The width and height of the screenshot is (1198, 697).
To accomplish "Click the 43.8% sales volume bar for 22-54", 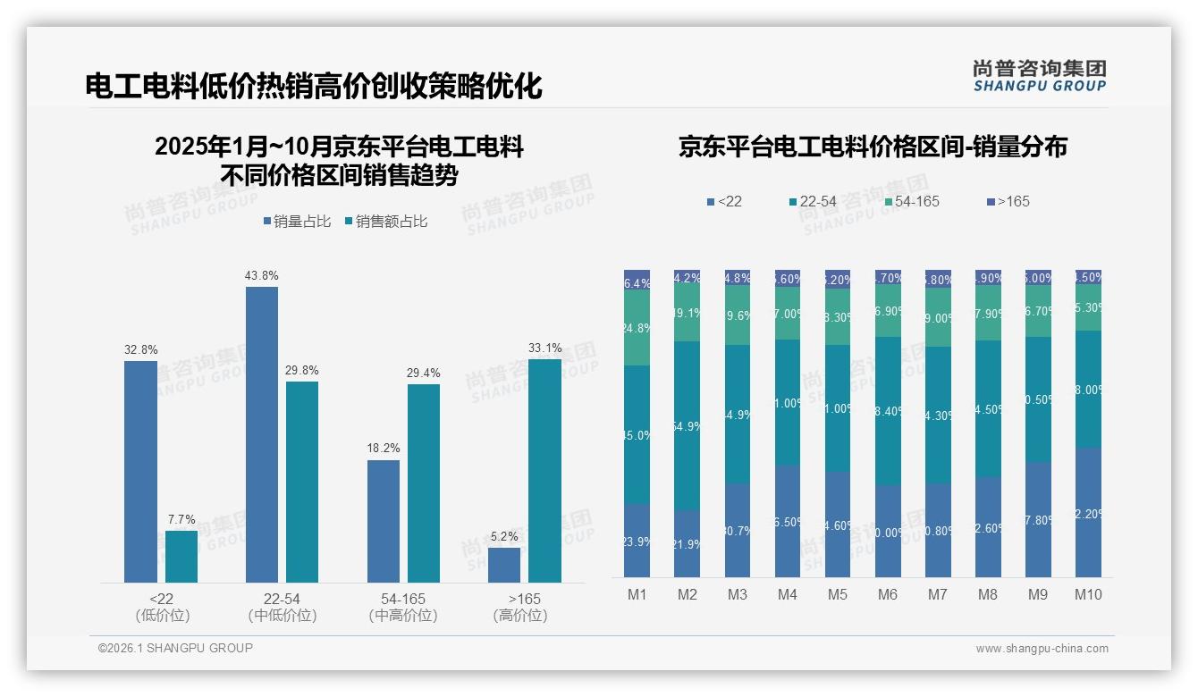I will (261, 434).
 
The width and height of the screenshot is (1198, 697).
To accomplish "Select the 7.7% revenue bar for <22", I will (181, 557).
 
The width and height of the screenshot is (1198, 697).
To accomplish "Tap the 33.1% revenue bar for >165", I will (544, 471).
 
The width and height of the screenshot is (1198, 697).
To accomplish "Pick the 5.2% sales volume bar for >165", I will (504, 565).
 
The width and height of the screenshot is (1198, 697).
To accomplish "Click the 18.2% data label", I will (384, 449).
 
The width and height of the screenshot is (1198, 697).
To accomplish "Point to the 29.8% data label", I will (302, 370).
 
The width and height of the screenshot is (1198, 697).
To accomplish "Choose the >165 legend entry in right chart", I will (1008, 201).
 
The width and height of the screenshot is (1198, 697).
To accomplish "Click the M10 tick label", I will (1088, 594).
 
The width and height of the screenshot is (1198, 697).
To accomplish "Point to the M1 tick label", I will (637, 594).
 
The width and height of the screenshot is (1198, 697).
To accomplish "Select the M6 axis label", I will (888, 594).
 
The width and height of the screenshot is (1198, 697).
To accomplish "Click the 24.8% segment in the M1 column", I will (637, 328).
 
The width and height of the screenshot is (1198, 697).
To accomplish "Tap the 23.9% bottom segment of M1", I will (637, 541).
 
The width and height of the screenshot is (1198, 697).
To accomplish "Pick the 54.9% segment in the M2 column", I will (687, 426).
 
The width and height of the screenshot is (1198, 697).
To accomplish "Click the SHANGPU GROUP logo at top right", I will (1039, 76).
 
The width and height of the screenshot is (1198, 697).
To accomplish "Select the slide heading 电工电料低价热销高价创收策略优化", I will (314, 87).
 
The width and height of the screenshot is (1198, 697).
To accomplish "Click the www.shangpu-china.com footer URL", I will (1042, 649).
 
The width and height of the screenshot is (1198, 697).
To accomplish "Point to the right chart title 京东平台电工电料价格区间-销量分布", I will (873, 147).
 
